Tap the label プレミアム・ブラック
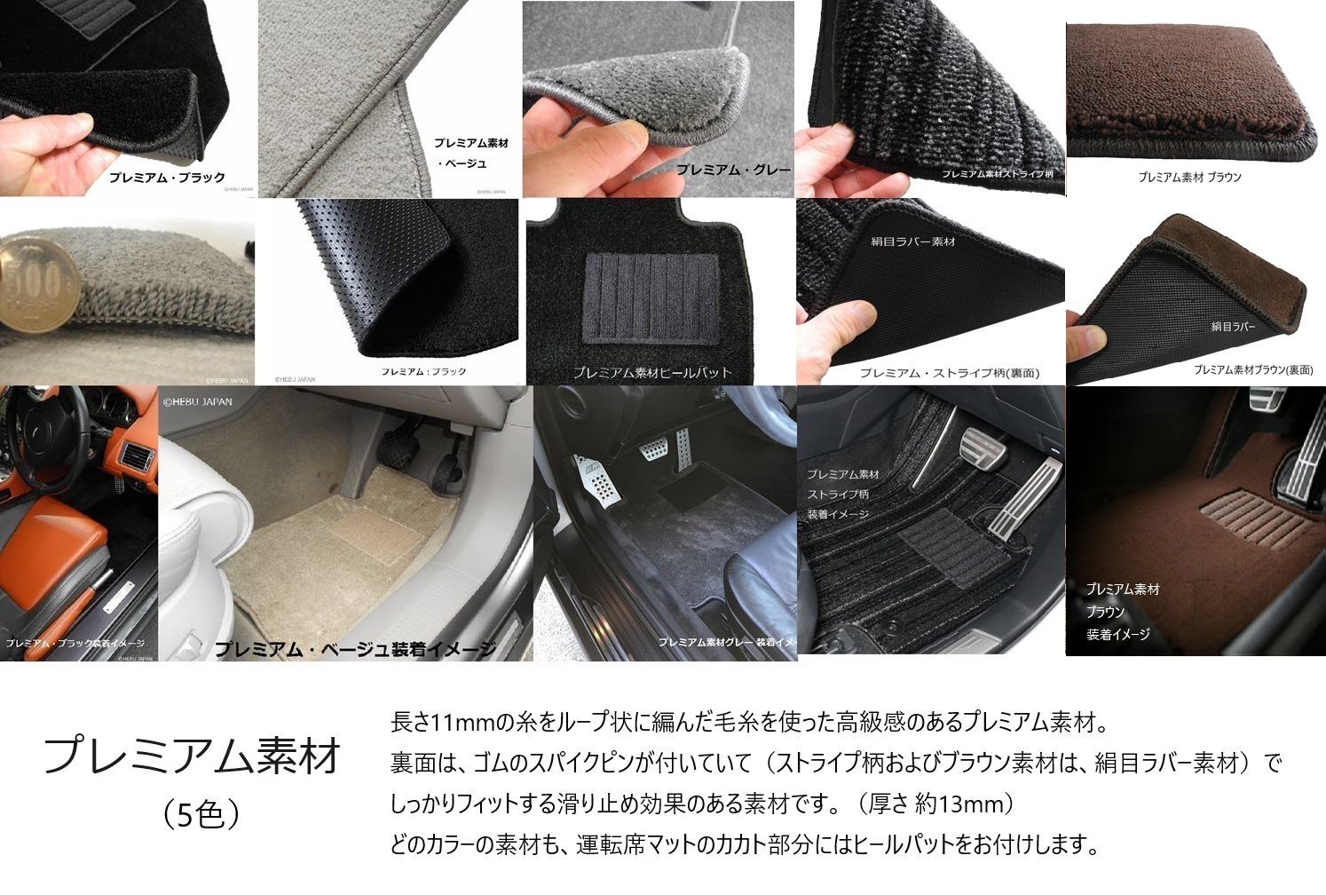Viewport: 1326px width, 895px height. point(167,178)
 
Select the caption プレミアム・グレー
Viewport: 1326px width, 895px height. point(732,170)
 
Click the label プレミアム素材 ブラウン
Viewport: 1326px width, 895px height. point(1189,178)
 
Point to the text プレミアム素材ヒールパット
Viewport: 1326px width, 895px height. point(652,372)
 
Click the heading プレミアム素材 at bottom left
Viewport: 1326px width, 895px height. point(192,756)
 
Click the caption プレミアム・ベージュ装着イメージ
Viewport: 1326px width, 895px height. point(355,650)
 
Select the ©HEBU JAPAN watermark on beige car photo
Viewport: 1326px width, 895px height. point(197,401)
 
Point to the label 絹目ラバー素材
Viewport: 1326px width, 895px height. point(912,242)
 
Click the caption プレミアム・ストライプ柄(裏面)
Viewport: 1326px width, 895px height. point(949,373)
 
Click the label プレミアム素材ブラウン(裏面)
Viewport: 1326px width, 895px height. point(1252,369)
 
